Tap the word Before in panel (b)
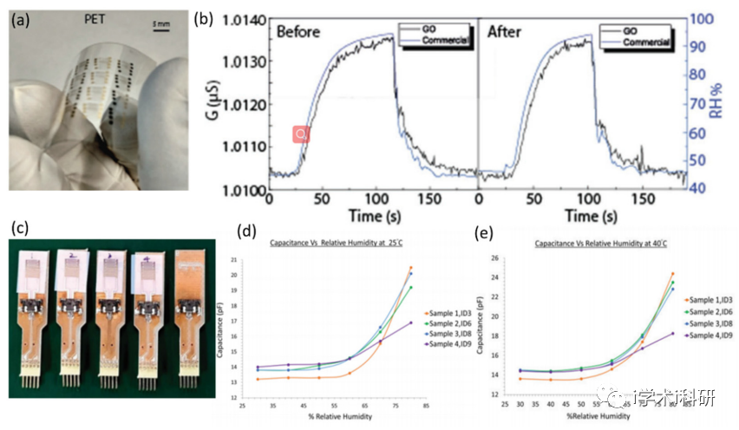click(299, 32)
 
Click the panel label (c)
click(19, 228)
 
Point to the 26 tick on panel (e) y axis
click(496, 257)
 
